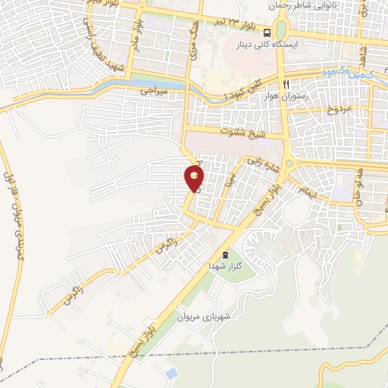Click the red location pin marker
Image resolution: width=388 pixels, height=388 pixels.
click(x=195, y=179)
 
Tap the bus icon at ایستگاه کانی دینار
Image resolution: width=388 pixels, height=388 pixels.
click(x=267, y=33)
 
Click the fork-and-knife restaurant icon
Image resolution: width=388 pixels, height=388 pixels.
click(x=286, y=84)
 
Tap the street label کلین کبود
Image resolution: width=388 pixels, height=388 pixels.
click(x=248, y=89)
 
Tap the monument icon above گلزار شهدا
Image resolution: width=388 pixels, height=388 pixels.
click(x=223, y=255)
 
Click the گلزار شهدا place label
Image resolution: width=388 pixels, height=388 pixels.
click(x=226, y=268)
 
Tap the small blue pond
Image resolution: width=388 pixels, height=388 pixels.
click(x=171, y=372)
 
